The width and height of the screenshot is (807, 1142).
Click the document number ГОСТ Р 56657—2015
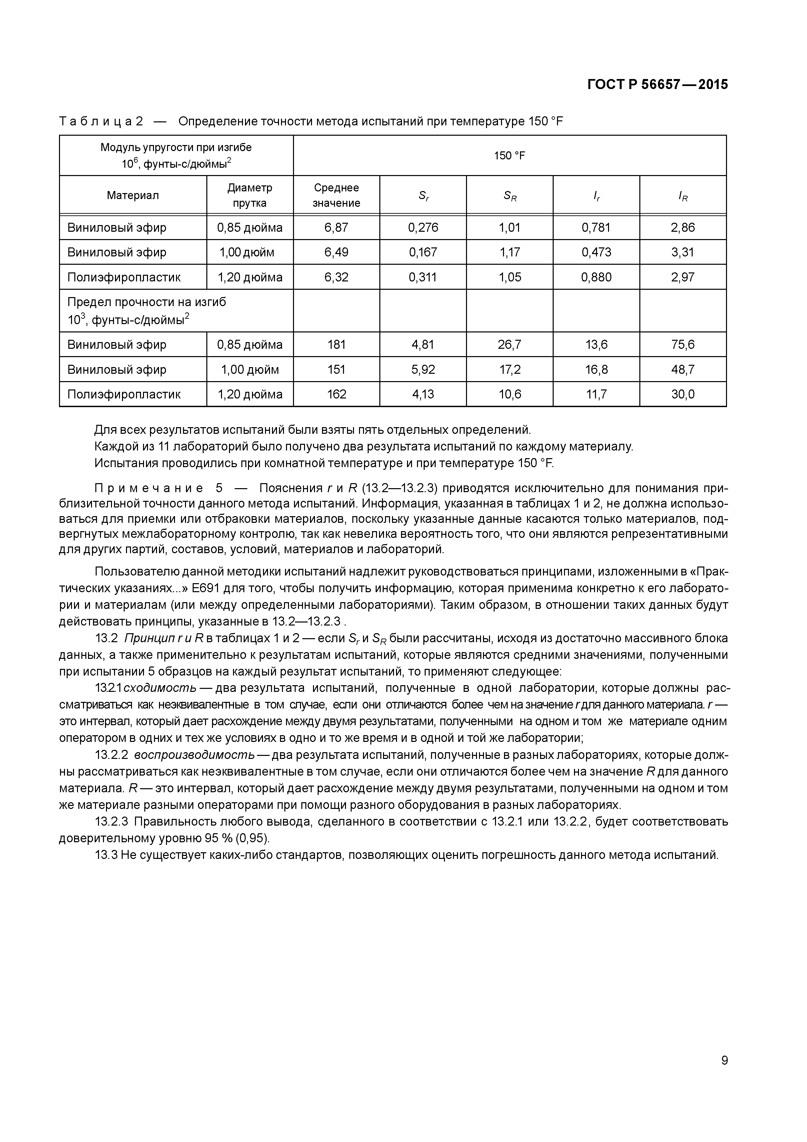click(x=657, y=85)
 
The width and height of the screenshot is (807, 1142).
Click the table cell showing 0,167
click(x=423, y=252)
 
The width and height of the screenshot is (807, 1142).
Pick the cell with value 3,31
click(x=683, y=252)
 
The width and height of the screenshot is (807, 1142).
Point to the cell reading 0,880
click(x=596, y=277)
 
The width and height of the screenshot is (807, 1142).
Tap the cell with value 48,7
click(x=683, y=369)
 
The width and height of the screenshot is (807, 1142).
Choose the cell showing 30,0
click(x=683, y=394)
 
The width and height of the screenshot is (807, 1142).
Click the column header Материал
click(x=133, y=195)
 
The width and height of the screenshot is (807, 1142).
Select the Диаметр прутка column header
click(x=250, y=195)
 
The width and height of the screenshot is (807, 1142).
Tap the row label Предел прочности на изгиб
click(x=147, y=302)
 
